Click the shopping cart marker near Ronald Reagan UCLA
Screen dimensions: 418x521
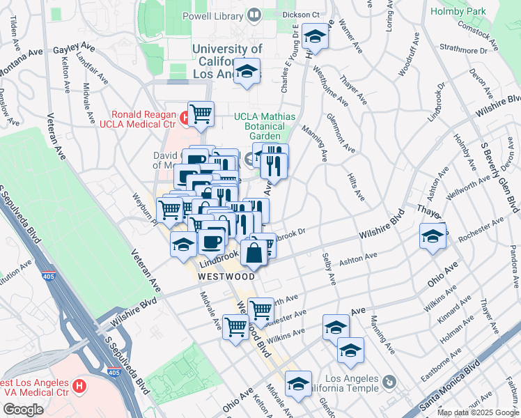pos(201,113)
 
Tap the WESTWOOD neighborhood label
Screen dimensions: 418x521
pos(226,276)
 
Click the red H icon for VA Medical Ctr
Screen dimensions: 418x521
pos(80,385)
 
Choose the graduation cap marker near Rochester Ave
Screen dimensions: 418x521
pos(433,235)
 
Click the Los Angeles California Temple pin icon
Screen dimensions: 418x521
pos(389,382)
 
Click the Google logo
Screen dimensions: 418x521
pos(23,410)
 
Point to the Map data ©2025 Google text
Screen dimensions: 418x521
pos(478,412)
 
